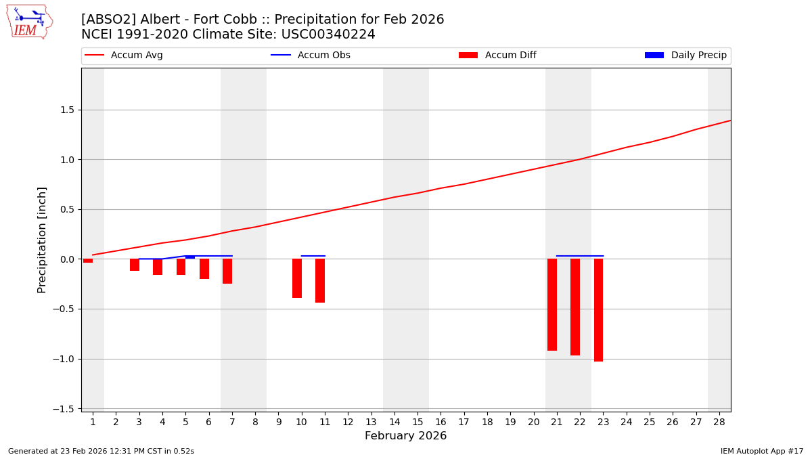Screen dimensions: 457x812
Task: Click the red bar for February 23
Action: point(598,310)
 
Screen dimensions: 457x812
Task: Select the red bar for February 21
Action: point(552,305)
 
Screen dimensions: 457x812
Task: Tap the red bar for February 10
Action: point(297,278)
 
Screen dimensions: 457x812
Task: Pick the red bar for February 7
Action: point(227,271)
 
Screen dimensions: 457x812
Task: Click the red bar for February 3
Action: point(135,265)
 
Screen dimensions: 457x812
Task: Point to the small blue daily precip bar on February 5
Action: point(190,257)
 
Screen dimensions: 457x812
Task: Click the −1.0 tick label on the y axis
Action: point(66,359)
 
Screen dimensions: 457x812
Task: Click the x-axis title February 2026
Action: point(405,436)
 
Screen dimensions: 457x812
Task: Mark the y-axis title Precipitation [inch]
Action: point(42,240)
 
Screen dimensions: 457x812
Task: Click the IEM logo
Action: point(29,22)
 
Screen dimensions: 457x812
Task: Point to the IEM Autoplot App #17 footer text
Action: point(762,451)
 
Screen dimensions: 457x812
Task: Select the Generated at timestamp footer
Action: point(101,451)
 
